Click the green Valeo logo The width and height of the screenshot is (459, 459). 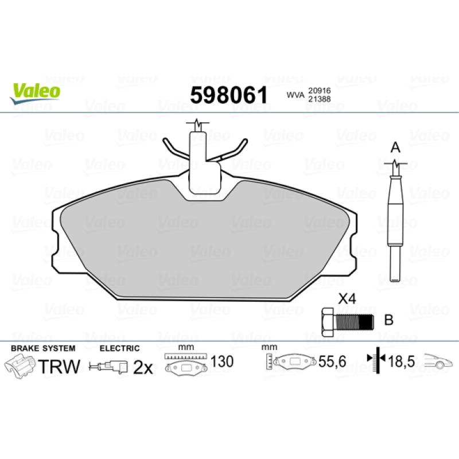(35, 92)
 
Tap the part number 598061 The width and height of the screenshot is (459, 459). (228, 95)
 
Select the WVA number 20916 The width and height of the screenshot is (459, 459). (320, 91)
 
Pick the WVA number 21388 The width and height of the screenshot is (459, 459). (320, 99)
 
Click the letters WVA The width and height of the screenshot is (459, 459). (295, 95)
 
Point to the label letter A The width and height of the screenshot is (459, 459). (395, 147)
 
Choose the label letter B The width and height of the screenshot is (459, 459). (389, 320)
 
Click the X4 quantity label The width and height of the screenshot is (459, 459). (347, 299)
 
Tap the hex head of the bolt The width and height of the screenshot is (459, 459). (327, 322)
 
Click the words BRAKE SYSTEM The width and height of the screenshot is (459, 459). (43, 348)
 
